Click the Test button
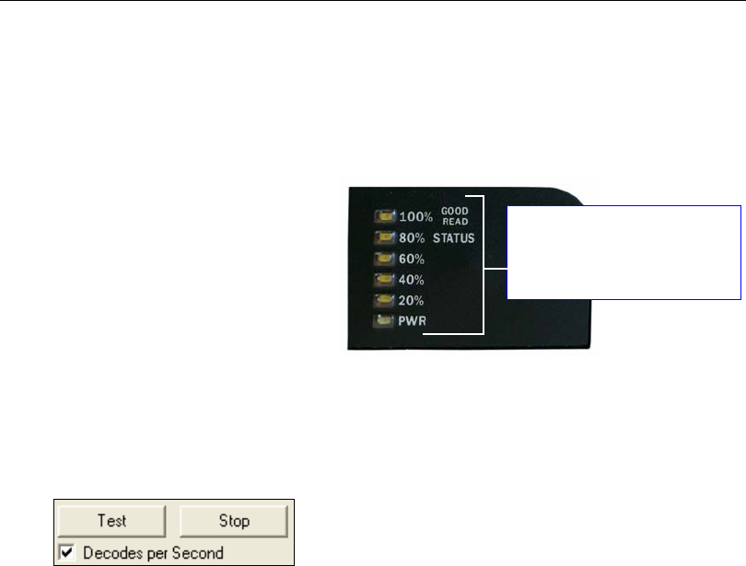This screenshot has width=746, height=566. (x=112, y=520)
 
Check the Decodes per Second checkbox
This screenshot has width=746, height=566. (x=66, y=553)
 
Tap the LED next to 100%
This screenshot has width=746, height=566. (x=385, y=218)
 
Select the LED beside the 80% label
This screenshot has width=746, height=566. (x=385, y=238)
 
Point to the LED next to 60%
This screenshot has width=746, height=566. (x=385, y=260)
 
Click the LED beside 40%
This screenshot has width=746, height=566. (x=385, y=280)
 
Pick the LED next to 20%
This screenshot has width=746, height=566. (x=385, y=300)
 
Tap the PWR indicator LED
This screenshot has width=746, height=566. (x=385, y=321)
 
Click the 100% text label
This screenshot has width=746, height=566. (x=416, y=218)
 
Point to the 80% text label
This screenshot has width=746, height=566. (x=413, y=238)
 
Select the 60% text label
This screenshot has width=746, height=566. (x=413, y=260)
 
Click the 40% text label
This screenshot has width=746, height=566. (x=413, y=280)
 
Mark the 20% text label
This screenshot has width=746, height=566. (x=413, y=300)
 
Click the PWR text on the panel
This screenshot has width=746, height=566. (x=413, y=321)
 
